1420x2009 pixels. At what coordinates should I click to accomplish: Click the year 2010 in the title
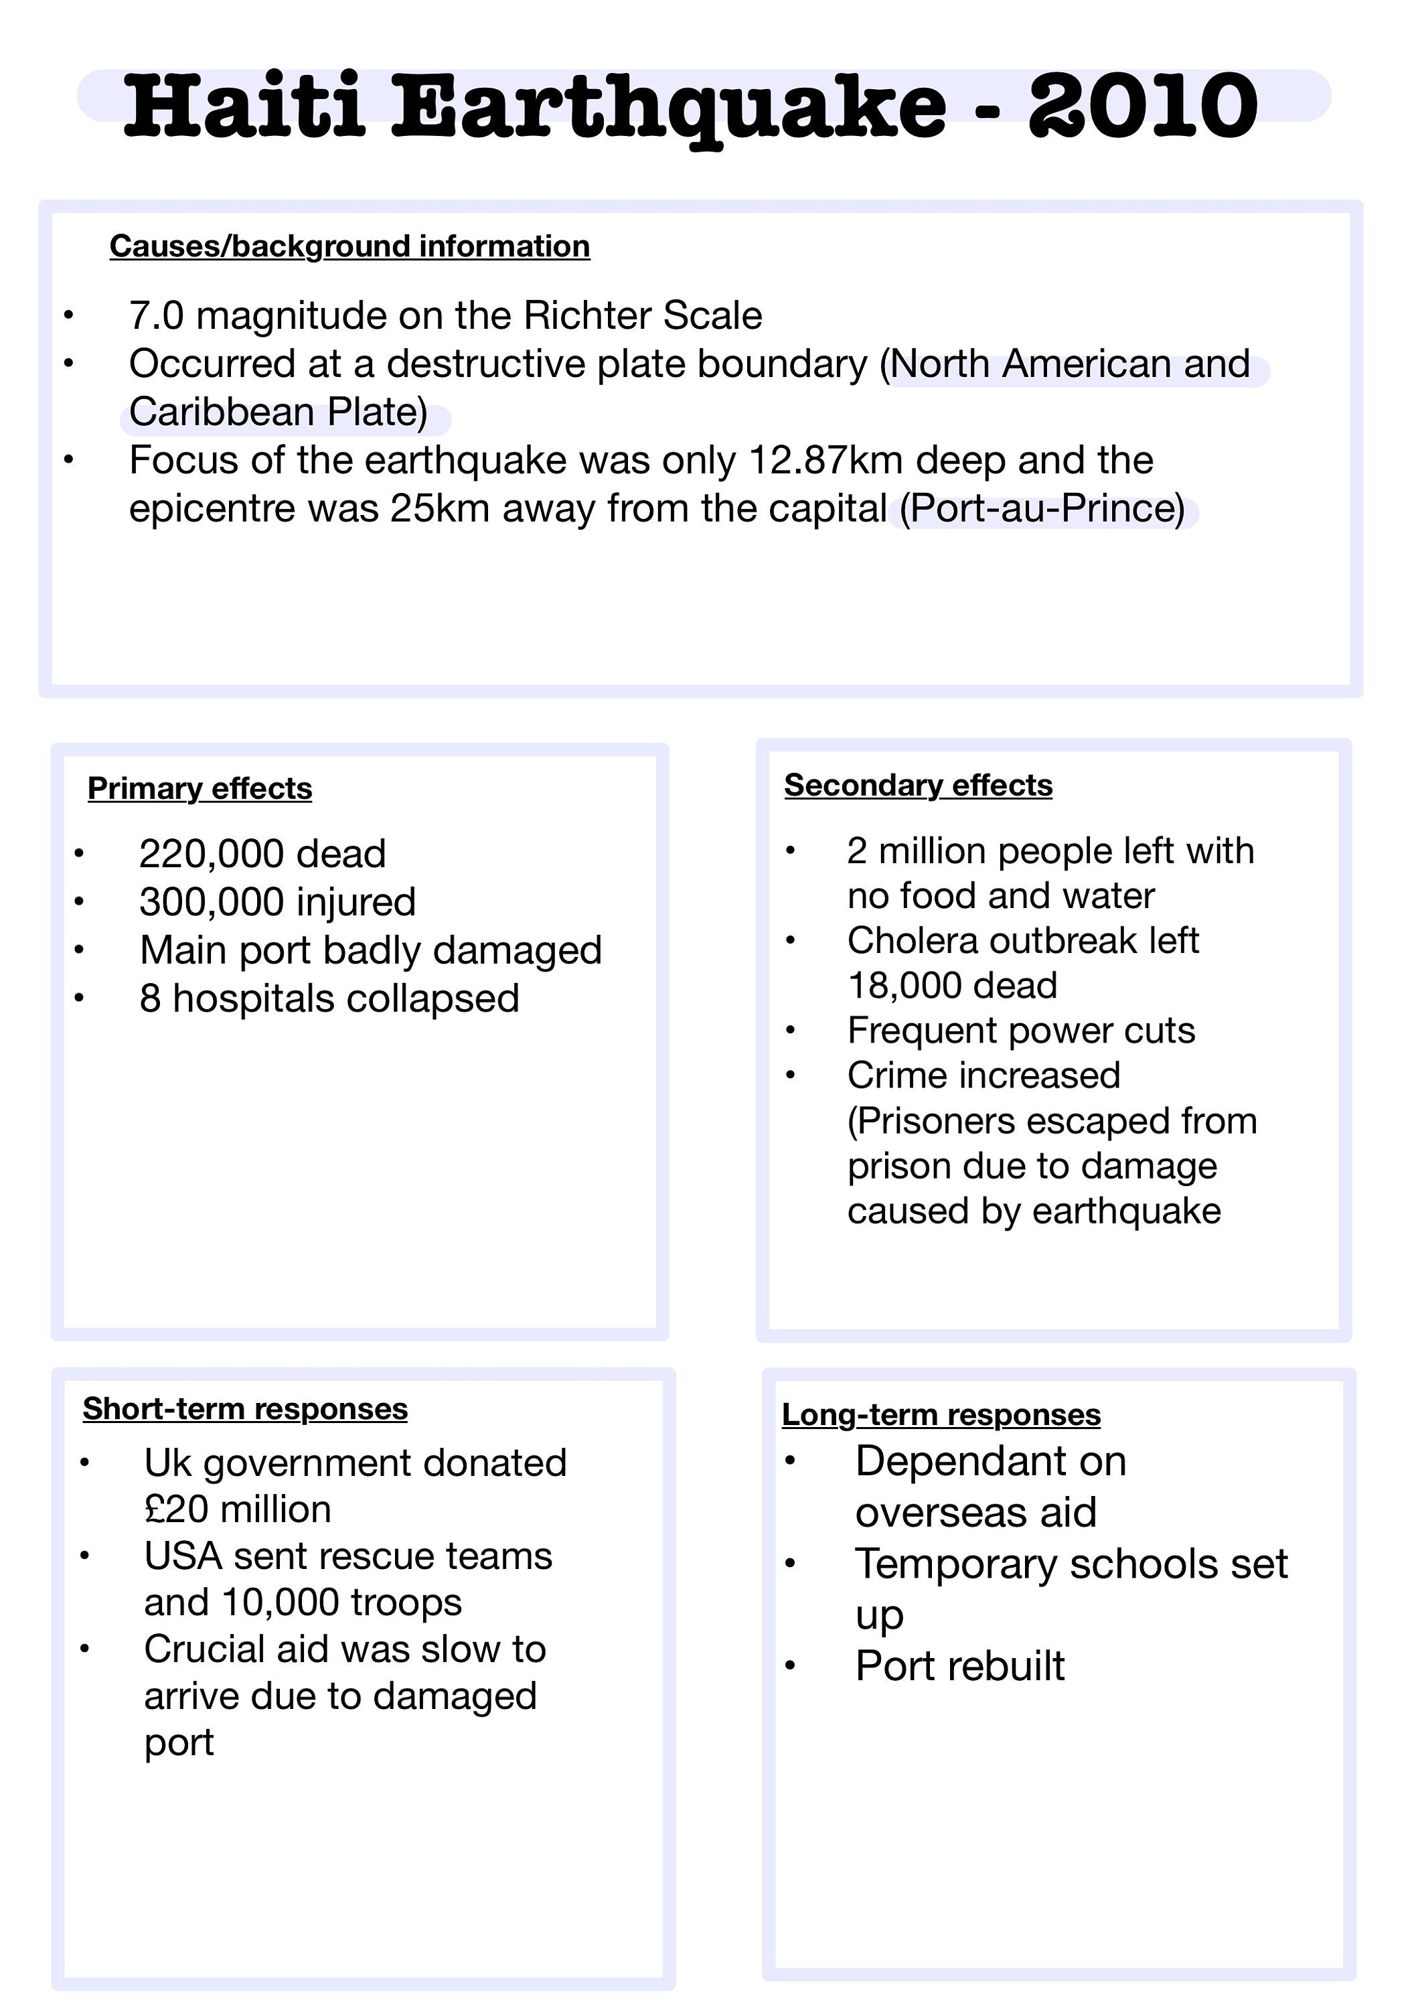pos(1143,106)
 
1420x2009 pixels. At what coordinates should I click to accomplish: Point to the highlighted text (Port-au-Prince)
pos(1042,509)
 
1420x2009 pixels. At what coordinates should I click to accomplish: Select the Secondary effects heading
pos(918,786)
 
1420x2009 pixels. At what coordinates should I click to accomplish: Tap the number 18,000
pos(904,986)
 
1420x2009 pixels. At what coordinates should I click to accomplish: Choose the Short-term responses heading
pos(245,1409)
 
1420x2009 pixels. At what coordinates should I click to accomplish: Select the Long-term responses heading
pos(941,1415)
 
